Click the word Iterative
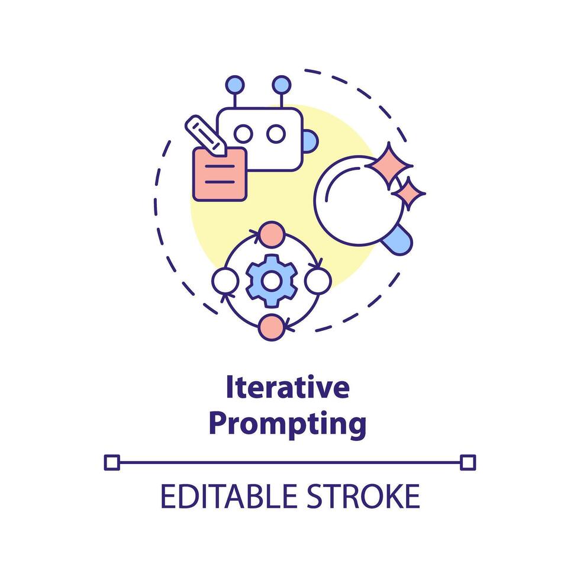[x=288, y=388]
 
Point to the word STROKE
[x=367, y=497]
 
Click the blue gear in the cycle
[x=271, y=280]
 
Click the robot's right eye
[x=275, y=134]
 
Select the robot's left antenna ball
[x=235, y=84]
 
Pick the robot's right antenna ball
[x=280, y=84]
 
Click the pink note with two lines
[x=219, y=174]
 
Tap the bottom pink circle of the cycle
[x=271, y=326]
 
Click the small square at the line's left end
[x=111, y=462]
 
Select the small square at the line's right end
[x=468, y=462]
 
